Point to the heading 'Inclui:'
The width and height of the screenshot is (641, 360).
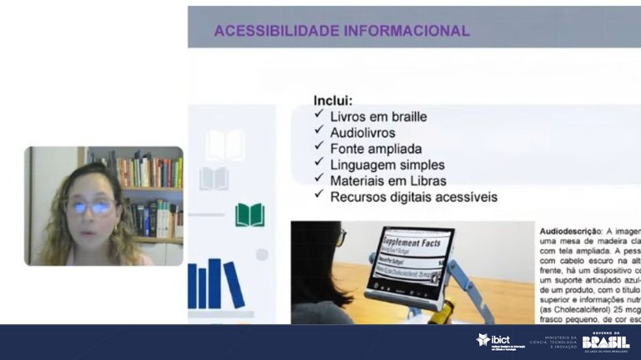[x=333, y=100]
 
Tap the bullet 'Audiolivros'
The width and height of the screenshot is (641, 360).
[x=362, y=133]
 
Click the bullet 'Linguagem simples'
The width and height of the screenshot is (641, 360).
[x=387, y=165]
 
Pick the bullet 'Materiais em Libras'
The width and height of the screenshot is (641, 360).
[x=388, y=180]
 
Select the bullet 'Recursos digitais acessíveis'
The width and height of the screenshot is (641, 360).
[x=413, y=197]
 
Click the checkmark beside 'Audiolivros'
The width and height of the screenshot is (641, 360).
[x=319, y=132]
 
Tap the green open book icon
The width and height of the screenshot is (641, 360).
[x=250, y=215]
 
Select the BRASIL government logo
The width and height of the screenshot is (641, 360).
[x=606, y=341]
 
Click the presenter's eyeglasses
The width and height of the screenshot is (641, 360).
[x=89, y=206]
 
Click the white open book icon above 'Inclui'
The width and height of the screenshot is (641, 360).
[x=225, y=145]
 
